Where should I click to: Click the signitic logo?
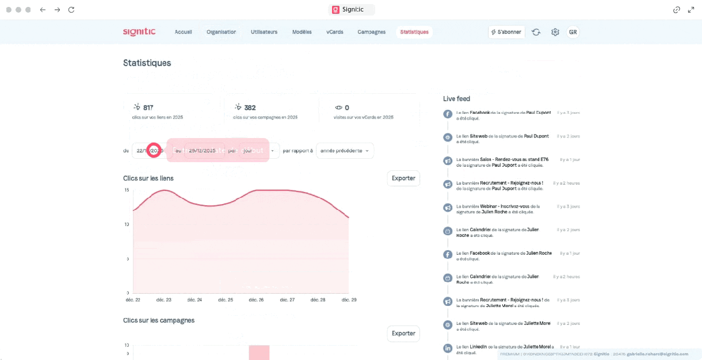pyautogui.click(x=139, y=32)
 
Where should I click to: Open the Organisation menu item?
pyautogui.click(x=221, y=32)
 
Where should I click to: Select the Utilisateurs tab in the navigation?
pyautogui.click(x=264, y=32)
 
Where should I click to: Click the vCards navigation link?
pyautogui.click(x=334, y=32)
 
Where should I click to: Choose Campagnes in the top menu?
pyautogui.click(x=371, y=32)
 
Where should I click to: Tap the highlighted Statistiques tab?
pyautogui.click(x=414, y=32)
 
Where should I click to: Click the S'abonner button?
pyautogui.click(x=506, y=32)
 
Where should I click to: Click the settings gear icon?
pyautogui.click(x=555, y=32)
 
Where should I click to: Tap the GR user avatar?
pyautogui.click(x=573, y=32)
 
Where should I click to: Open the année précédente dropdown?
pyautogui.click(x=345, y=151)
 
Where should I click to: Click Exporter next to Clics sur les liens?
pyautogui.click(x=403, y=178)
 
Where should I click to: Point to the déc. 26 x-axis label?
pyautogui.click(x=256, y=300)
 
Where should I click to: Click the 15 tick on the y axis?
pyautogui.click(x=127, y=190)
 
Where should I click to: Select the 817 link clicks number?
pyautogui.click(x=148, y=108)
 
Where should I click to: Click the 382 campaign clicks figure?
pyautogui.click(x=250, y=108)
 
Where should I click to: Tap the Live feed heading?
pyautogui.click(x=456, y=99)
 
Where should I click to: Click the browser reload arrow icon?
pyautogui.click(x=71, y=10)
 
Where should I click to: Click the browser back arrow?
pyautogui.click(x=43, y=10)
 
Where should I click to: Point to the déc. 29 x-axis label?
pyautogui.click(x=350, y=300)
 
